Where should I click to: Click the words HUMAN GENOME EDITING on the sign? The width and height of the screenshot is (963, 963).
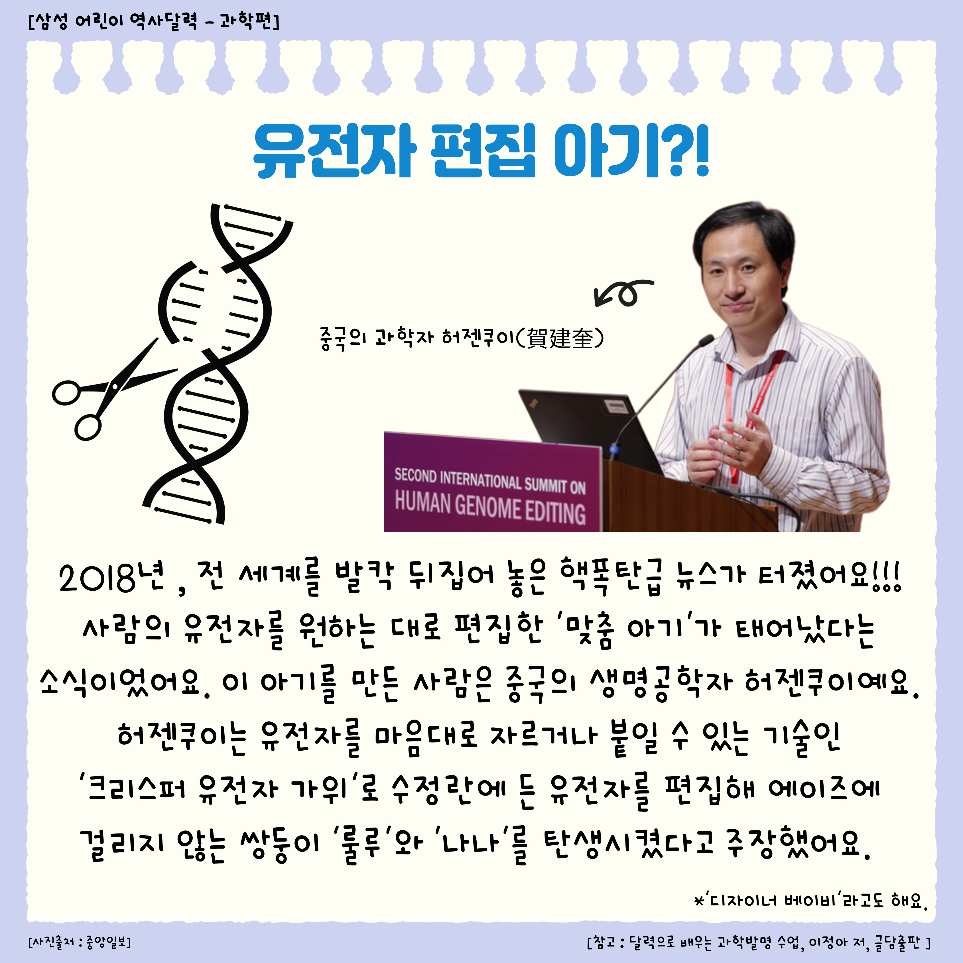pyautogui.click(x=490, y=508)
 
